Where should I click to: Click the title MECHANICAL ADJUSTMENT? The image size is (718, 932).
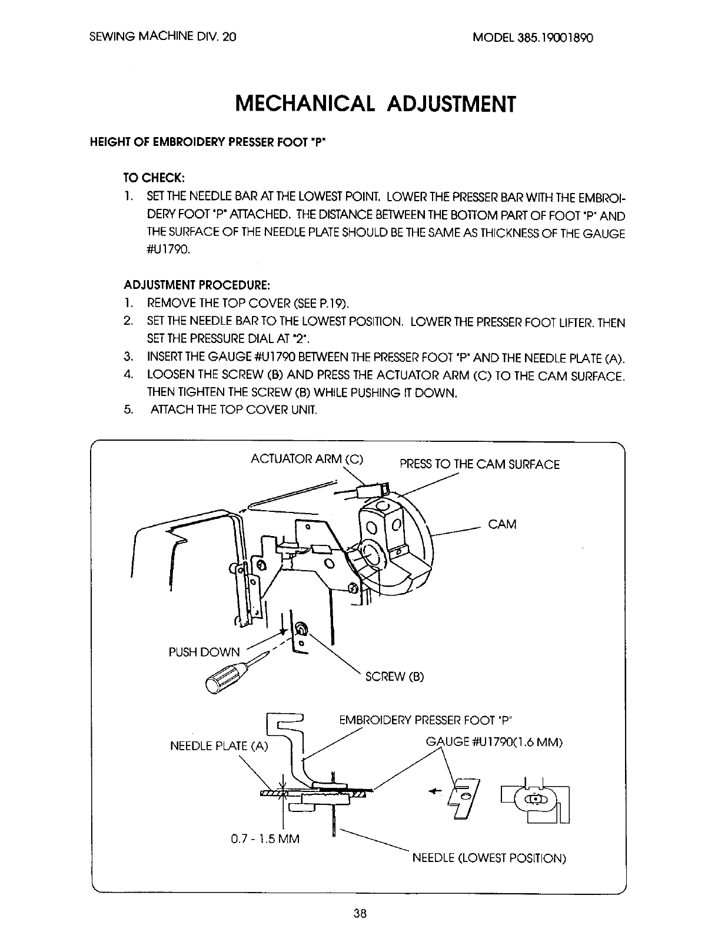click(x=375, y=104)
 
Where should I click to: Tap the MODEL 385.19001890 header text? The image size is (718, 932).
click(x=533, y=36)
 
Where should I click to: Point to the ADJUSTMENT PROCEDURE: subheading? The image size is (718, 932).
click(x=197, y=285)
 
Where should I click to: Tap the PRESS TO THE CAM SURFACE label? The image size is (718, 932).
click(x=479, y=464)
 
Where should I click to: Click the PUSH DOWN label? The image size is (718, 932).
click(x=204, y=652)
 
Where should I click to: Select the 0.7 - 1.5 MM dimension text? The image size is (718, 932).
click(x=265, y=838)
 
